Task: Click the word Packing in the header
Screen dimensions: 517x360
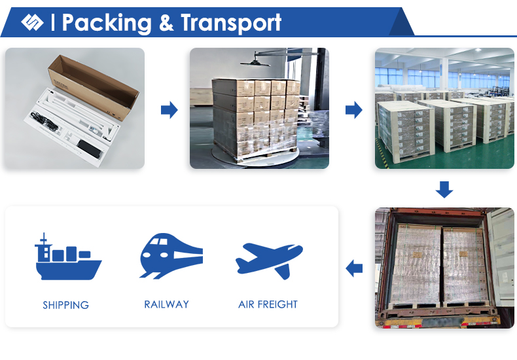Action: point(107,24)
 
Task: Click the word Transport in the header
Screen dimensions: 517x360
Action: point(231,24)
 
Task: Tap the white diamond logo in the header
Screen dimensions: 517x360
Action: point(32,22)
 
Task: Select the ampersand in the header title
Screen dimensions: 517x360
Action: point(166,23)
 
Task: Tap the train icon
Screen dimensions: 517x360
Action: point(171,256)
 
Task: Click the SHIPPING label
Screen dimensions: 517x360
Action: point(65,305)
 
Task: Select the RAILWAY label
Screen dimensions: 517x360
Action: point(166,304)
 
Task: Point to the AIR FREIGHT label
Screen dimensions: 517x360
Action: point(268,304)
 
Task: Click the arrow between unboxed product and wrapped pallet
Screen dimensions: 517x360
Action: point(169,110)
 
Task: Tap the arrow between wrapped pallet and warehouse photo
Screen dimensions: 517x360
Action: point(354,110)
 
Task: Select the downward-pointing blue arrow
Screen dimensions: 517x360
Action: point(444,190)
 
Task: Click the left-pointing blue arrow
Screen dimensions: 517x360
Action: point(354,268)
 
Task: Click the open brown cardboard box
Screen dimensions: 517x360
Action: point(94,86)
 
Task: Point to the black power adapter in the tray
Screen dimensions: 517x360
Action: point(89,149)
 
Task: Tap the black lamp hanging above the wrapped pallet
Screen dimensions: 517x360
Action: point(255,62)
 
